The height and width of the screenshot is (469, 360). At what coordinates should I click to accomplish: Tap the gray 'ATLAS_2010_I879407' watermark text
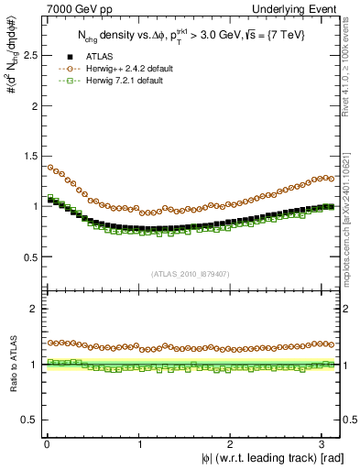click(191, 273)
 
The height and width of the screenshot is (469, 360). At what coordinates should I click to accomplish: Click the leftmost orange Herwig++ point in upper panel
click(51, 168)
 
